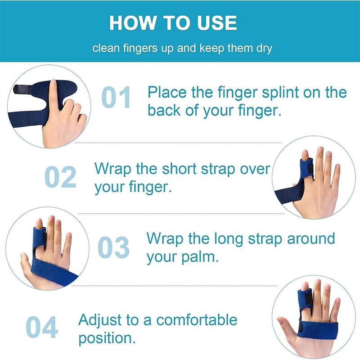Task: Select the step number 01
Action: point(116,98)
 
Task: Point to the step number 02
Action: point(60,177)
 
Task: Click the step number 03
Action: point(114,247)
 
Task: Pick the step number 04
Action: point(42,327)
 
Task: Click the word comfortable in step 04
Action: point(197,320)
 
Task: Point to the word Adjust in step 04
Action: point(101,320)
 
